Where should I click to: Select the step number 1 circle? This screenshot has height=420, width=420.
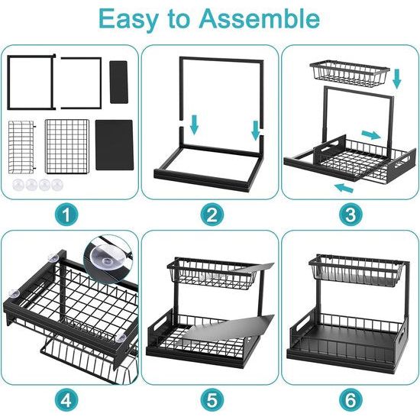pyautogui.click(x=69, y=215)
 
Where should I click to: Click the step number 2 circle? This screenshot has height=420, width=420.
pyautogui.click(x=211, y=215)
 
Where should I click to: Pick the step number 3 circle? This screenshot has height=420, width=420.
pyautogui.click(x=351, y=215)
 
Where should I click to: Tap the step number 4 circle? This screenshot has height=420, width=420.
pyautogui.click(x=69, y=399)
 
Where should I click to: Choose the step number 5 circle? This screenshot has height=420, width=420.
pyautogui.click(x=211, y=399)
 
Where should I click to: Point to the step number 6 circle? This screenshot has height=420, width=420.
pyautogui.click(x=351, y=399)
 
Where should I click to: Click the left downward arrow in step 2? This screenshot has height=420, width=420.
pyautogui.click(x=193, y=124)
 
